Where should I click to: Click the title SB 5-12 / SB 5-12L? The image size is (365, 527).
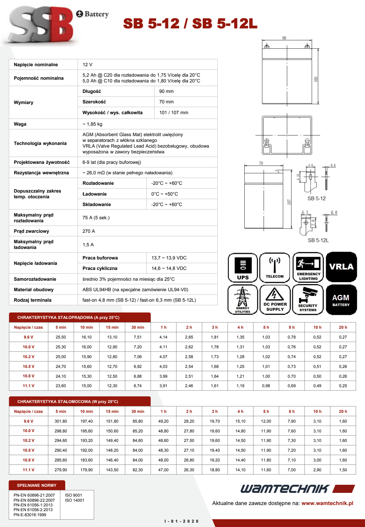click(190, 24)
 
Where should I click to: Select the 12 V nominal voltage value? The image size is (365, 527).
click(88, 65)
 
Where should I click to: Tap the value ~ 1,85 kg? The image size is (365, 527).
click(92, 124)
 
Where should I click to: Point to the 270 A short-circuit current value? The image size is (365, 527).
click(89, 231)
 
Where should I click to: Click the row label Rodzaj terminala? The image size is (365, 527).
click(32, 300)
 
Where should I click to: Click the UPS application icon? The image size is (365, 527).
click(243, 268)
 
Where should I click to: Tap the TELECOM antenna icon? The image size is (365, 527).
click(275, 268)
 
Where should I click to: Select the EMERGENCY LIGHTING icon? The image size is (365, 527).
click(308, 268)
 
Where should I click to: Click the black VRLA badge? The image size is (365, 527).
click(341, 267)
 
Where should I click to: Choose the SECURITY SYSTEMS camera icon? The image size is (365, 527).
click(308, 300)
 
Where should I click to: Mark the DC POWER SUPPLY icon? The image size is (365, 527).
click(275, 300)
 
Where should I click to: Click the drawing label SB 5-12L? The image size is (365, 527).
click(318, 240)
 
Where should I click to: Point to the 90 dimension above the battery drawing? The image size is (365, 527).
click(284, 38)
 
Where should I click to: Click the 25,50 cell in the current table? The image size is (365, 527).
click(61, 337)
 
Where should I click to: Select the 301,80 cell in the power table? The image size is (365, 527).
click(61, 421)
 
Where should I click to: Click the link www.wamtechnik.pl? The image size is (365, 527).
click(327, 503)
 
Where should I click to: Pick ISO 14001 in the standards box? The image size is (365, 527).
click(74, 500)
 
